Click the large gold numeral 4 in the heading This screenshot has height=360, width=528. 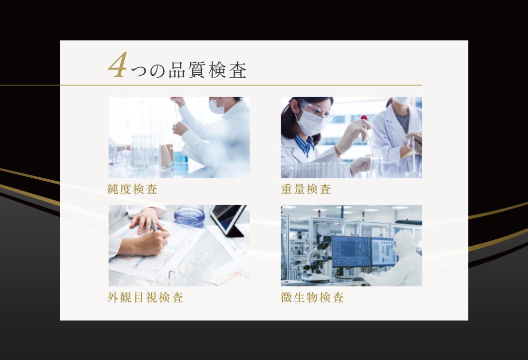[117, 66]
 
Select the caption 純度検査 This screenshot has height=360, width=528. [132, 190]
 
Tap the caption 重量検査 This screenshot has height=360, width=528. [306, 190]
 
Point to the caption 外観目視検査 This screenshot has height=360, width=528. [146, 297]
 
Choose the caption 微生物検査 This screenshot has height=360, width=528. [312, 297]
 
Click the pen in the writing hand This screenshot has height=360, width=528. [154, 226]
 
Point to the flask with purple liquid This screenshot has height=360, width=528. [189, 215]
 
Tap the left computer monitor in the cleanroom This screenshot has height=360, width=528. [350, 251]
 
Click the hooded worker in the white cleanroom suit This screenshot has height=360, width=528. [403, 259]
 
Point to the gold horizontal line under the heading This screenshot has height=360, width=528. [244, 85]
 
